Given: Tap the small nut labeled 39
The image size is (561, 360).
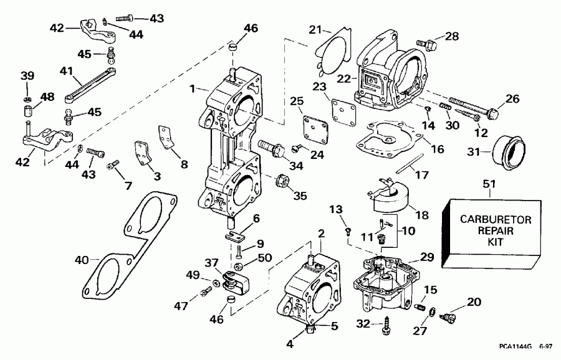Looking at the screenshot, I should coord(27,99).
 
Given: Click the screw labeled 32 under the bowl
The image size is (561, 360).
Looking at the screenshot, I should coord(393,326).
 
